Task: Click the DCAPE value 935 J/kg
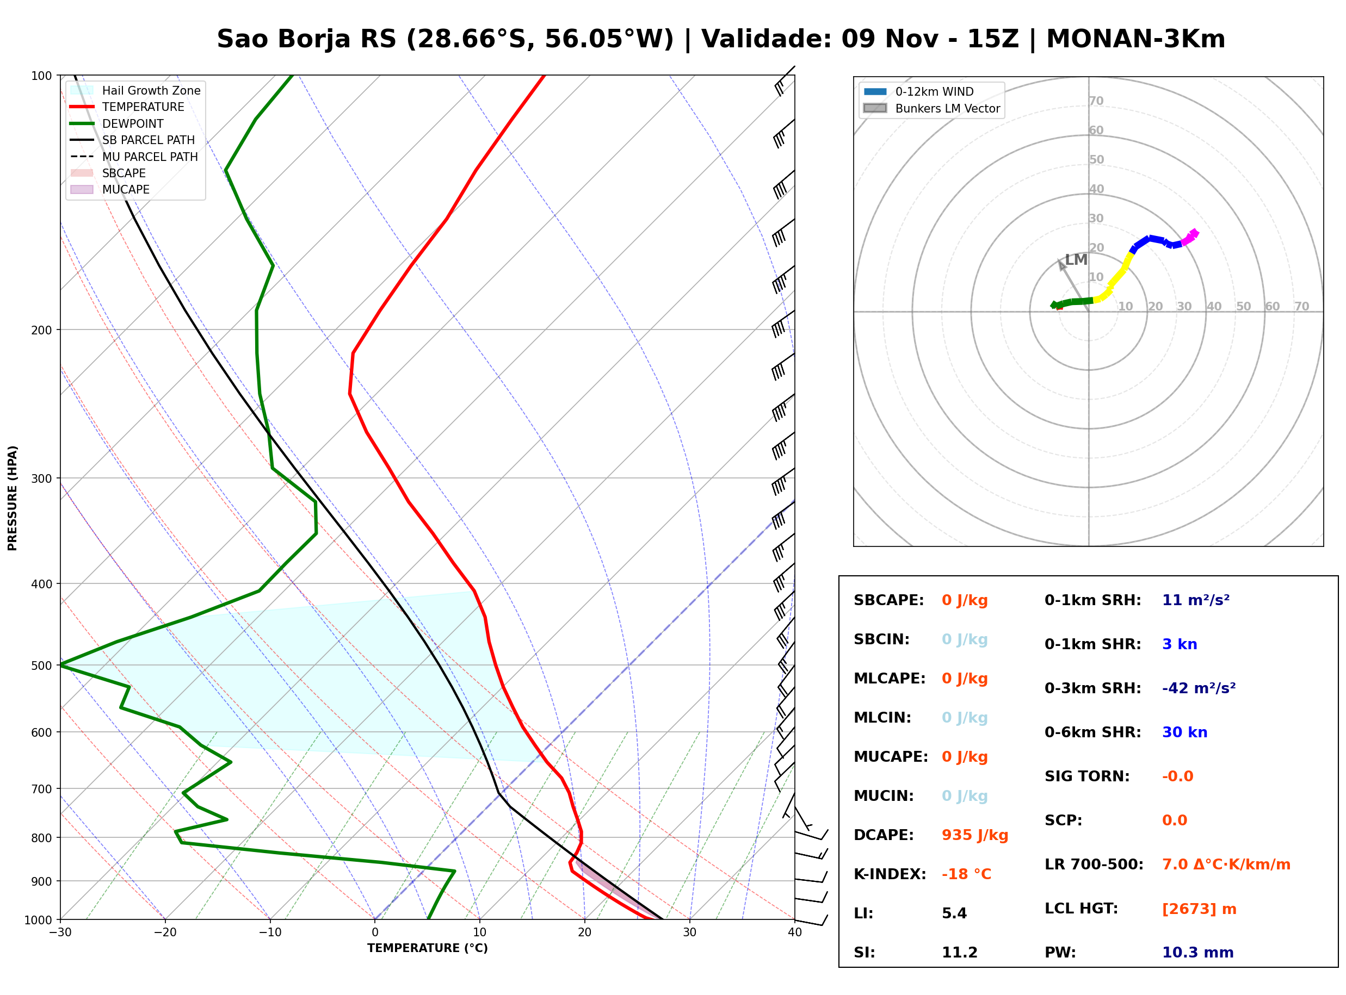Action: coord(974,835)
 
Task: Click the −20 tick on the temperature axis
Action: coord(164,932)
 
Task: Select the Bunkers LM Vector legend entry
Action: coord(931,108)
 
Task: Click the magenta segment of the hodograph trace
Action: coord(1189,237)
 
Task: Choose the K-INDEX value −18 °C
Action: coord(966,874)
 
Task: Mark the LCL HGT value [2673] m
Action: coord(1199,909)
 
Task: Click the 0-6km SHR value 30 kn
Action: coord(1184,732)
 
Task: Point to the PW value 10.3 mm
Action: coord(1198,952)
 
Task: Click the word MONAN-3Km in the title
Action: coord(1135,39)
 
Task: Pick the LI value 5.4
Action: coord(954,913)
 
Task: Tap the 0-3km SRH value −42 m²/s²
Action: coord(1199,688)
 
